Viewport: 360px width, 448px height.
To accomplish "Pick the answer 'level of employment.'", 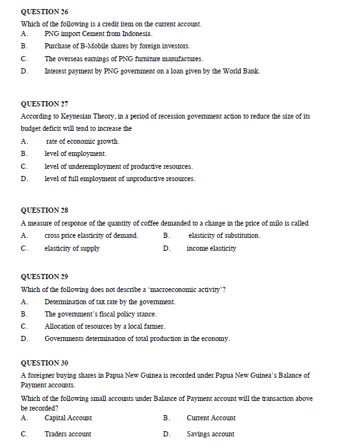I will pos(75,153).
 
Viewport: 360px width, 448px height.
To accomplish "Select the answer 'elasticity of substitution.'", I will pos(224,235).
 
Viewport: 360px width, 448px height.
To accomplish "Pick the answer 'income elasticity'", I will pos(211,248).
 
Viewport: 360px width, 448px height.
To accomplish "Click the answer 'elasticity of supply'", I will pos(72,248).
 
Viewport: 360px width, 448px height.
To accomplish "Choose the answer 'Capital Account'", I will pos(68,418).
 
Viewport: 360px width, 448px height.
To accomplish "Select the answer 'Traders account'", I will pos(68,434).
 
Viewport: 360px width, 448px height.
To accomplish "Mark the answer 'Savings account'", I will pos(210,434).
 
